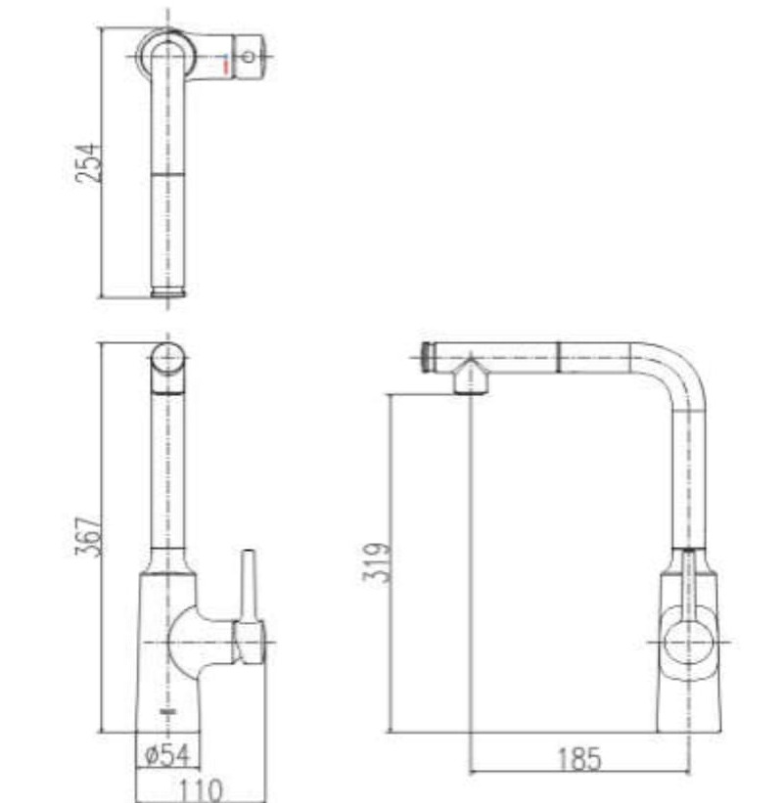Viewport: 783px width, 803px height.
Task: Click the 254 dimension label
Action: tap(88, 161)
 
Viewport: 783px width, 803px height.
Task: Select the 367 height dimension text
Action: tap(88, 536)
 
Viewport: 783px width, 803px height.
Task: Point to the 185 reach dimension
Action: tap(579, 758)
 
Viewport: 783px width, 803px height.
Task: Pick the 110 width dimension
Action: tap(201, 787)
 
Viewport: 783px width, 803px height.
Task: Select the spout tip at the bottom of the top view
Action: tap(168, 291)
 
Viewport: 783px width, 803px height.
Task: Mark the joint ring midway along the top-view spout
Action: tap(168, 172)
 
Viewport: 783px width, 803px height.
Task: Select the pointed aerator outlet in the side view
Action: tap(471, 378)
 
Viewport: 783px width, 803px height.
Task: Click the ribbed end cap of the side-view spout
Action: tap(427, 357)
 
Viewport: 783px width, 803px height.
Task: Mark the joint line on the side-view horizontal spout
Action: tap(559, 357)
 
